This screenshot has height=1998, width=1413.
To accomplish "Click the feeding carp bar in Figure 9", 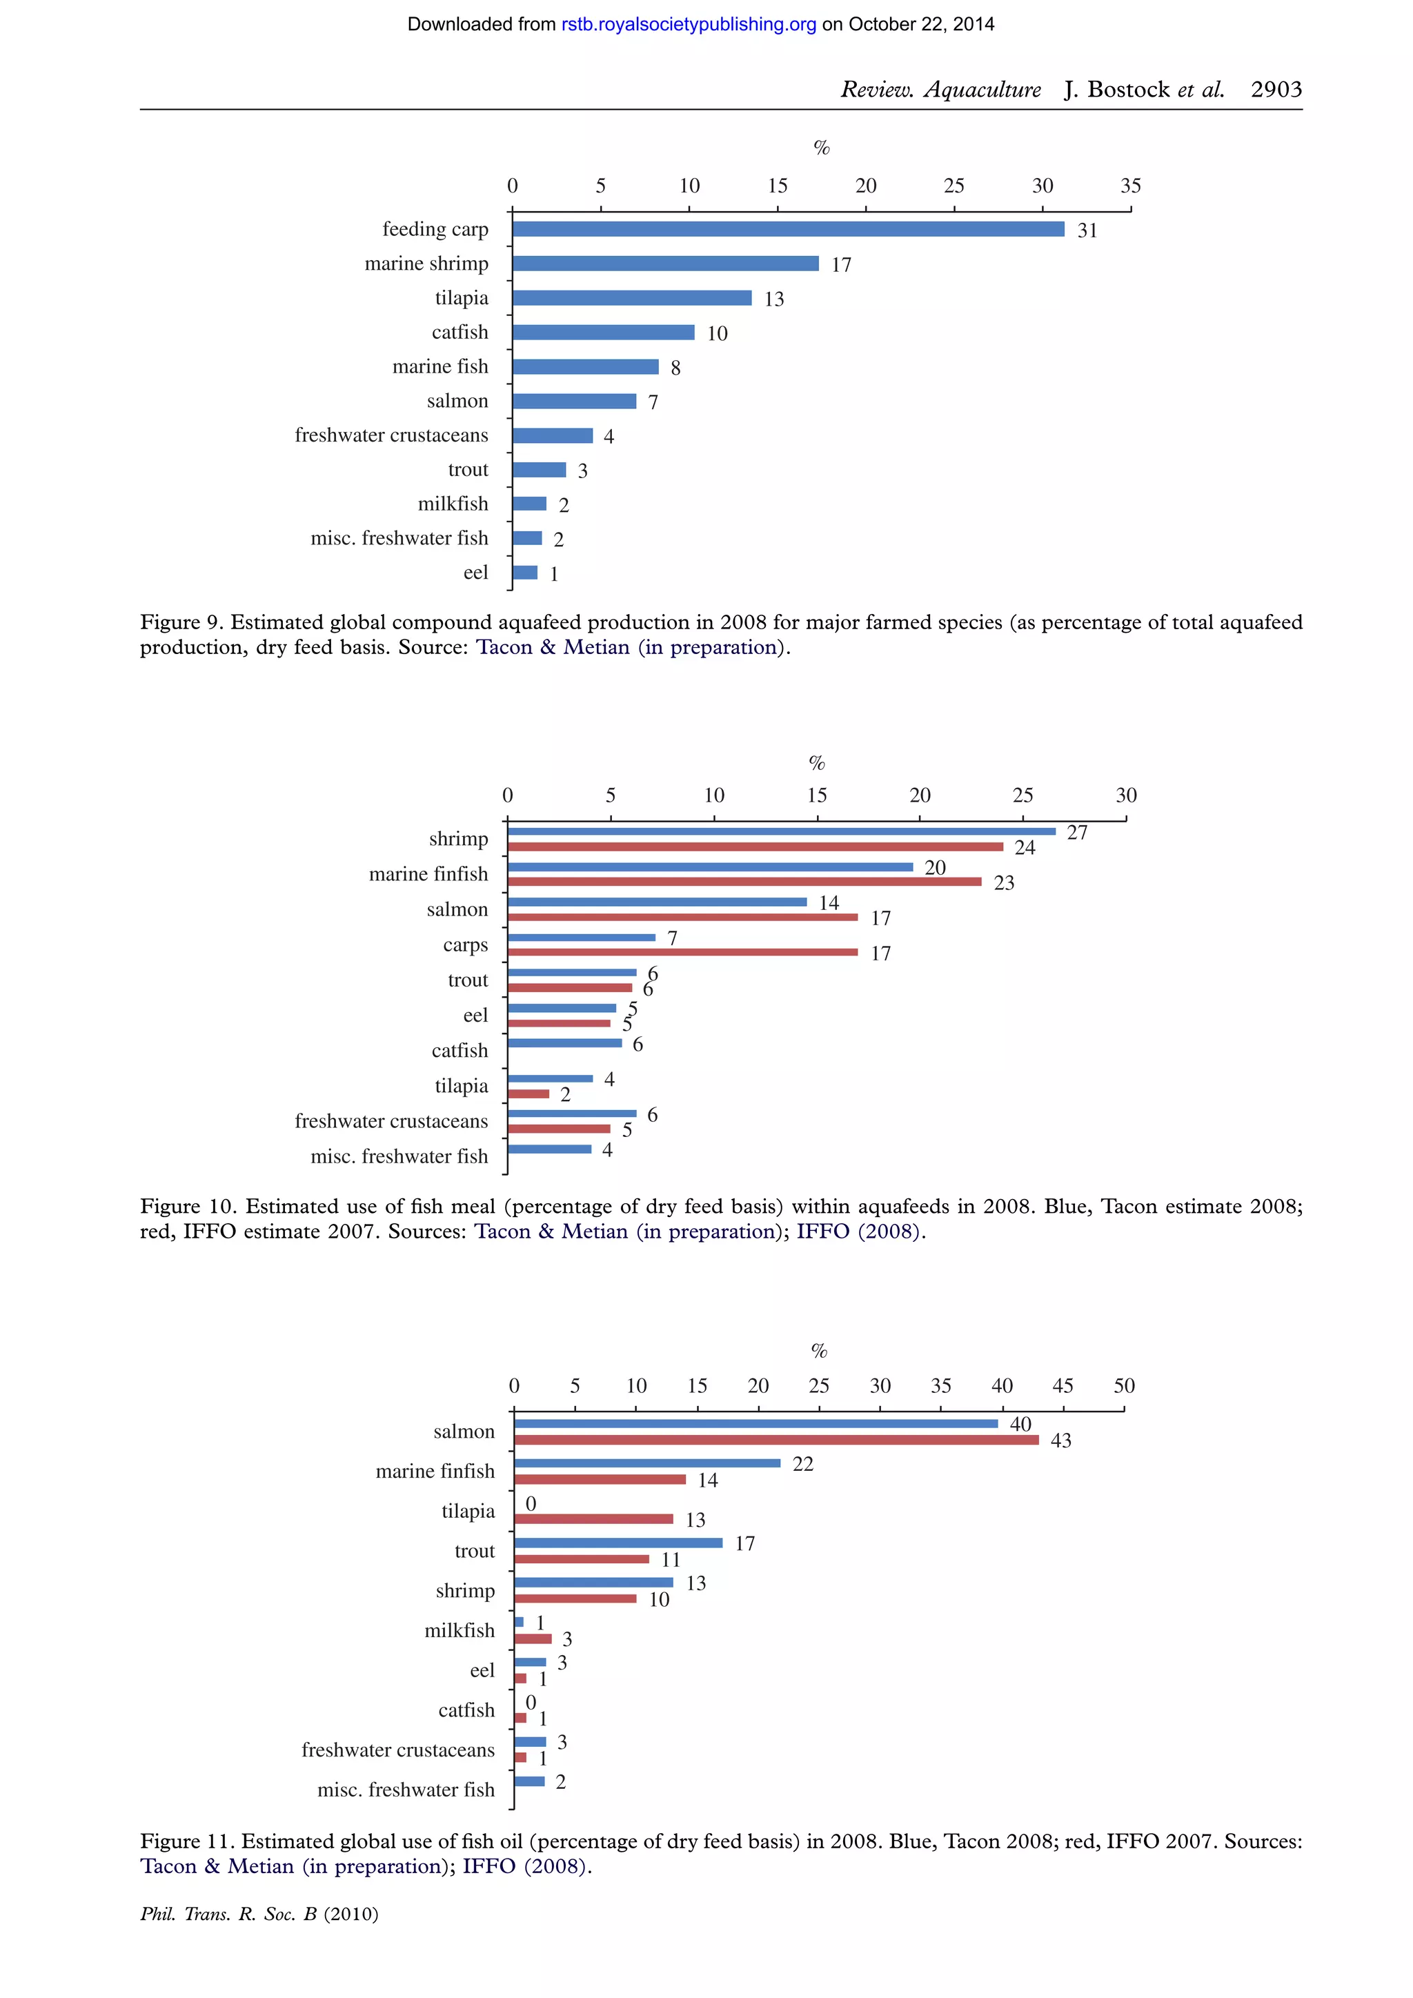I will tap(787, 229).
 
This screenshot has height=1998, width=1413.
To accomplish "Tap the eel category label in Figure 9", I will tap(475, 573).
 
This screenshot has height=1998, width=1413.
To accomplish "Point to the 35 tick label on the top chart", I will tap(1130, 186).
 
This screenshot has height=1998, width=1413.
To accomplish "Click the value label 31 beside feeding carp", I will tap(1087, 230).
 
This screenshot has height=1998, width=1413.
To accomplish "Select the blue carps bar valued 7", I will tap(581, 937).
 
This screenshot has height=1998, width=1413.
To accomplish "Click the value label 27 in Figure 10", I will tap(1077, 833).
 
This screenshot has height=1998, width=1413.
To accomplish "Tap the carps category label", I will tap(466, 945).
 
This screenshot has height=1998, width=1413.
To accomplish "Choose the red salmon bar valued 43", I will tap(776, 1440).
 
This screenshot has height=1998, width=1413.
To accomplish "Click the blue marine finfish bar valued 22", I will tap(646, 1463).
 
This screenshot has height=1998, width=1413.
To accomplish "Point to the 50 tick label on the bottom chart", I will tap(1124, 1386).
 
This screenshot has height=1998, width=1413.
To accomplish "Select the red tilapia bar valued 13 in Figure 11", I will tap(593, 1519).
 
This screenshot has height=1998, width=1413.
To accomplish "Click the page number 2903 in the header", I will tap(1276, 90).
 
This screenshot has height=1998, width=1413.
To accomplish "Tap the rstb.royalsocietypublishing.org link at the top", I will tap(689, 24).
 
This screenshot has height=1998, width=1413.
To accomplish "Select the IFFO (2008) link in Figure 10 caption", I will tap(858, 1232).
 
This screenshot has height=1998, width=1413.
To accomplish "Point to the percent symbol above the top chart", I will tap(821, 148).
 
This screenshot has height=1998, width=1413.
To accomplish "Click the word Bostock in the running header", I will tap(1129, 90).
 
